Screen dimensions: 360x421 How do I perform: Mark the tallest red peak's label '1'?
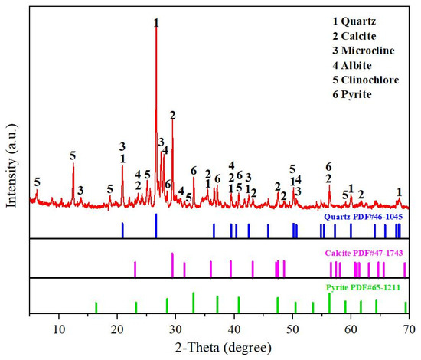pos(156,23)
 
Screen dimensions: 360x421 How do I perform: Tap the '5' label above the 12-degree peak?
pos(73,155)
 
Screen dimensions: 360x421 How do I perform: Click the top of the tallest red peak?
pos(156,32)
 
